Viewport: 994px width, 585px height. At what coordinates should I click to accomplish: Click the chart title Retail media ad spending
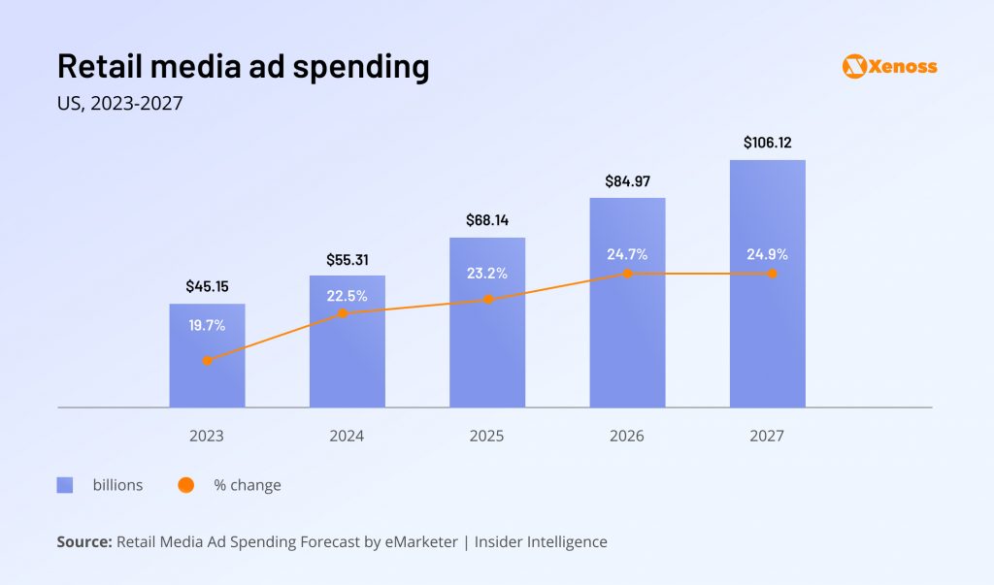click(x=243, y=66)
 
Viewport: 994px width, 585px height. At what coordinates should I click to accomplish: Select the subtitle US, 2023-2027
click(x=119, y=104)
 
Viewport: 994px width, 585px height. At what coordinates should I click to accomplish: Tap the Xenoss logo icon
click(x=854, y=66)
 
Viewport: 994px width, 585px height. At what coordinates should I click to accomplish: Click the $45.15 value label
click(x=207, y=286)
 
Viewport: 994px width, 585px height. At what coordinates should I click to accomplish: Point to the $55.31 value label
click(x=347, y=259)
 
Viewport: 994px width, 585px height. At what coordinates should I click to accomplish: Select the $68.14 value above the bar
click(x=486, y=220)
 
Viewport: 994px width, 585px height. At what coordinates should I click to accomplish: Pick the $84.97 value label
click(x=627, y=180)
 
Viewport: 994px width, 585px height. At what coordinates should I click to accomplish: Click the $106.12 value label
click(x=767, y=143)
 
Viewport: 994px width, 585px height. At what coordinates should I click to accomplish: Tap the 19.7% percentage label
click(x=207, y=325)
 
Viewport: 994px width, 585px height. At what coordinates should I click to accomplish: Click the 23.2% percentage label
click(x=486, y=274)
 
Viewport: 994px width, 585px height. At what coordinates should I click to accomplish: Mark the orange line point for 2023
click(x=207, y=361)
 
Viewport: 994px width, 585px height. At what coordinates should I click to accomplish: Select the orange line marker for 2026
click(x=627, y=274)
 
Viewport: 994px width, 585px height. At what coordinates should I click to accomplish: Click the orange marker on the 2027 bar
click(x=772, y=274)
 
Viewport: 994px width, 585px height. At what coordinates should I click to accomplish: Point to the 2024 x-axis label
click(x=347, y=436)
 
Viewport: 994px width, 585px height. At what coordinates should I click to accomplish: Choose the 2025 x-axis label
click(x=486, y=436)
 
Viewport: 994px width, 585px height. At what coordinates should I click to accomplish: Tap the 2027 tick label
click(x=767, y=436)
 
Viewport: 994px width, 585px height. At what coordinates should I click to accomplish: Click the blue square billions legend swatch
click(x=65, y=485)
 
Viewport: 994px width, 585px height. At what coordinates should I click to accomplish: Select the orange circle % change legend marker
click(x=186, y=485)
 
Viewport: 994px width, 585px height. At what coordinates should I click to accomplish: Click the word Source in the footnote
click(x=83, y=542)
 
